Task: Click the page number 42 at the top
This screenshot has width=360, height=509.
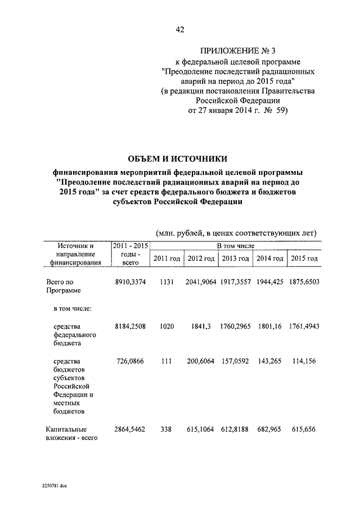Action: pyautogui.click(x=180, y=29)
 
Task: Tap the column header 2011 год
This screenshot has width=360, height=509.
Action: pyautogui.click(x=167, y=258)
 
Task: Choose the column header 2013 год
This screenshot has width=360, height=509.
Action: pyautogui.click(x=236, y=258)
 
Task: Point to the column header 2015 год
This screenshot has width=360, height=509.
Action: pyautogui.click(x=304, y=258)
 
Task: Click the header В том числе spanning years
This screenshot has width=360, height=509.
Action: pyautogui.click(x=236, y=246)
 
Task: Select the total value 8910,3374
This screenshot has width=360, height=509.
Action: pyautogui.click(x=130, y=281)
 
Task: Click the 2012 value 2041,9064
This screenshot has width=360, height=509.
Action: pyautogui.click(x=201, y=281)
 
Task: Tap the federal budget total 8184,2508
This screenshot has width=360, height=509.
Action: pyautogui.click(x=130, y=327)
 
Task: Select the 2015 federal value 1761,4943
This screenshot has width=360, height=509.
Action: pyautogui.click(x=304, y=327)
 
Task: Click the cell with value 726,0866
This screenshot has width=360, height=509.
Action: pyautogui.click(x=130, y=361)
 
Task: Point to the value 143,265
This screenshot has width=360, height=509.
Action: pyautogui.click(x=270, y=361)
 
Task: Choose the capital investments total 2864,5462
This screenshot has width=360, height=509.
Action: pyautogui.click(x=130, y=429)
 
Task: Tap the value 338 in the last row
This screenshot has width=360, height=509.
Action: pyautogui.click(x=167, y=429)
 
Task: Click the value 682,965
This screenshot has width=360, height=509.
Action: pyautogui.click(x=270, y=429)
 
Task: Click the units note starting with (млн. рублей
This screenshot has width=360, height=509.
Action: pyautogui.click(x=236, y=233)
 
